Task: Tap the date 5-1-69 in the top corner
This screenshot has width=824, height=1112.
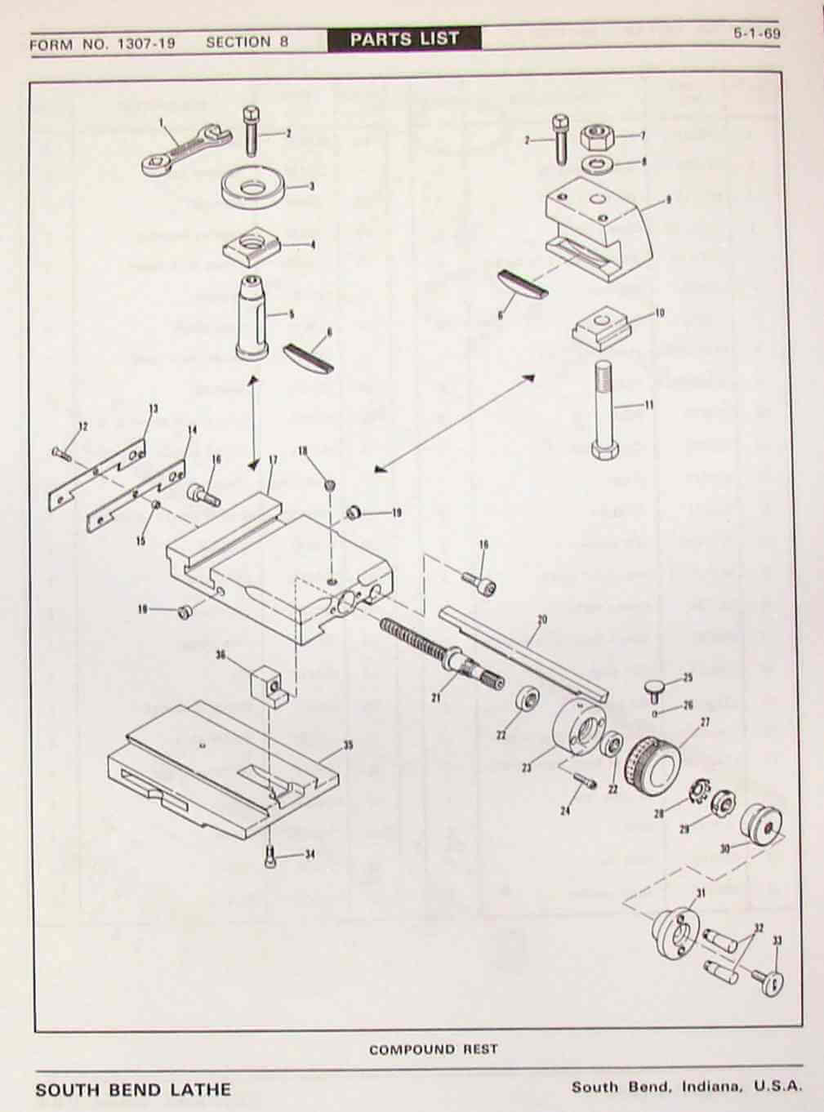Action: [x=756, y=36]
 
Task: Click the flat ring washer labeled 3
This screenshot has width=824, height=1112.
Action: [x=252, y=184]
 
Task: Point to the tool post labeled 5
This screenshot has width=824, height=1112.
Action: [x=254, y=318]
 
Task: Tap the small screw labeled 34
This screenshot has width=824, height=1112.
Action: [x=270, y=858]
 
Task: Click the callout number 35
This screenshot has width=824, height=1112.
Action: [x=349, y=745]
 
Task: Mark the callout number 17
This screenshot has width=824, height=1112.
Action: [x=273, y=460]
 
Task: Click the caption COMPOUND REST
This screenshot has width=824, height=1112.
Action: [x=433, y=1049]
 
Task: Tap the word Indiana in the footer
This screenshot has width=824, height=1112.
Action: [x=712, y=1088]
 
